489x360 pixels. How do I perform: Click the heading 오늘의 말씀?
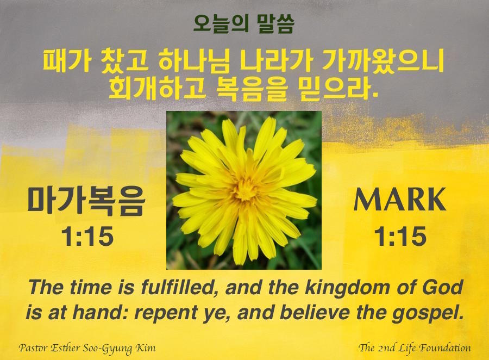(x=243, y=24)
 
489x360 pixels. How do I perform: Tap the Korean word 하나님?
(x=194, y=61)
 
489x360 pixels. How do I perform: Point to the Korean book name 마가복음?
(x=86, y=201)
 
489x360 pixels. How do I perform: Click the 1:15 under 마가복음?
(x=87, y=237)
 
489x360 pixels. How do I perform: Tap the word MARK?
(x=400, y=200)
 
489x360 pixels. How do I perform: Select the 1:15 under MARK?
(x=400, y=237)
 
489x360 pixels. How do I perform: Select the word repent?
(x=165, y=313)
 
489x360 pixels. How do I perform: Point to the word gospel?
(x=428, y=313)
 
